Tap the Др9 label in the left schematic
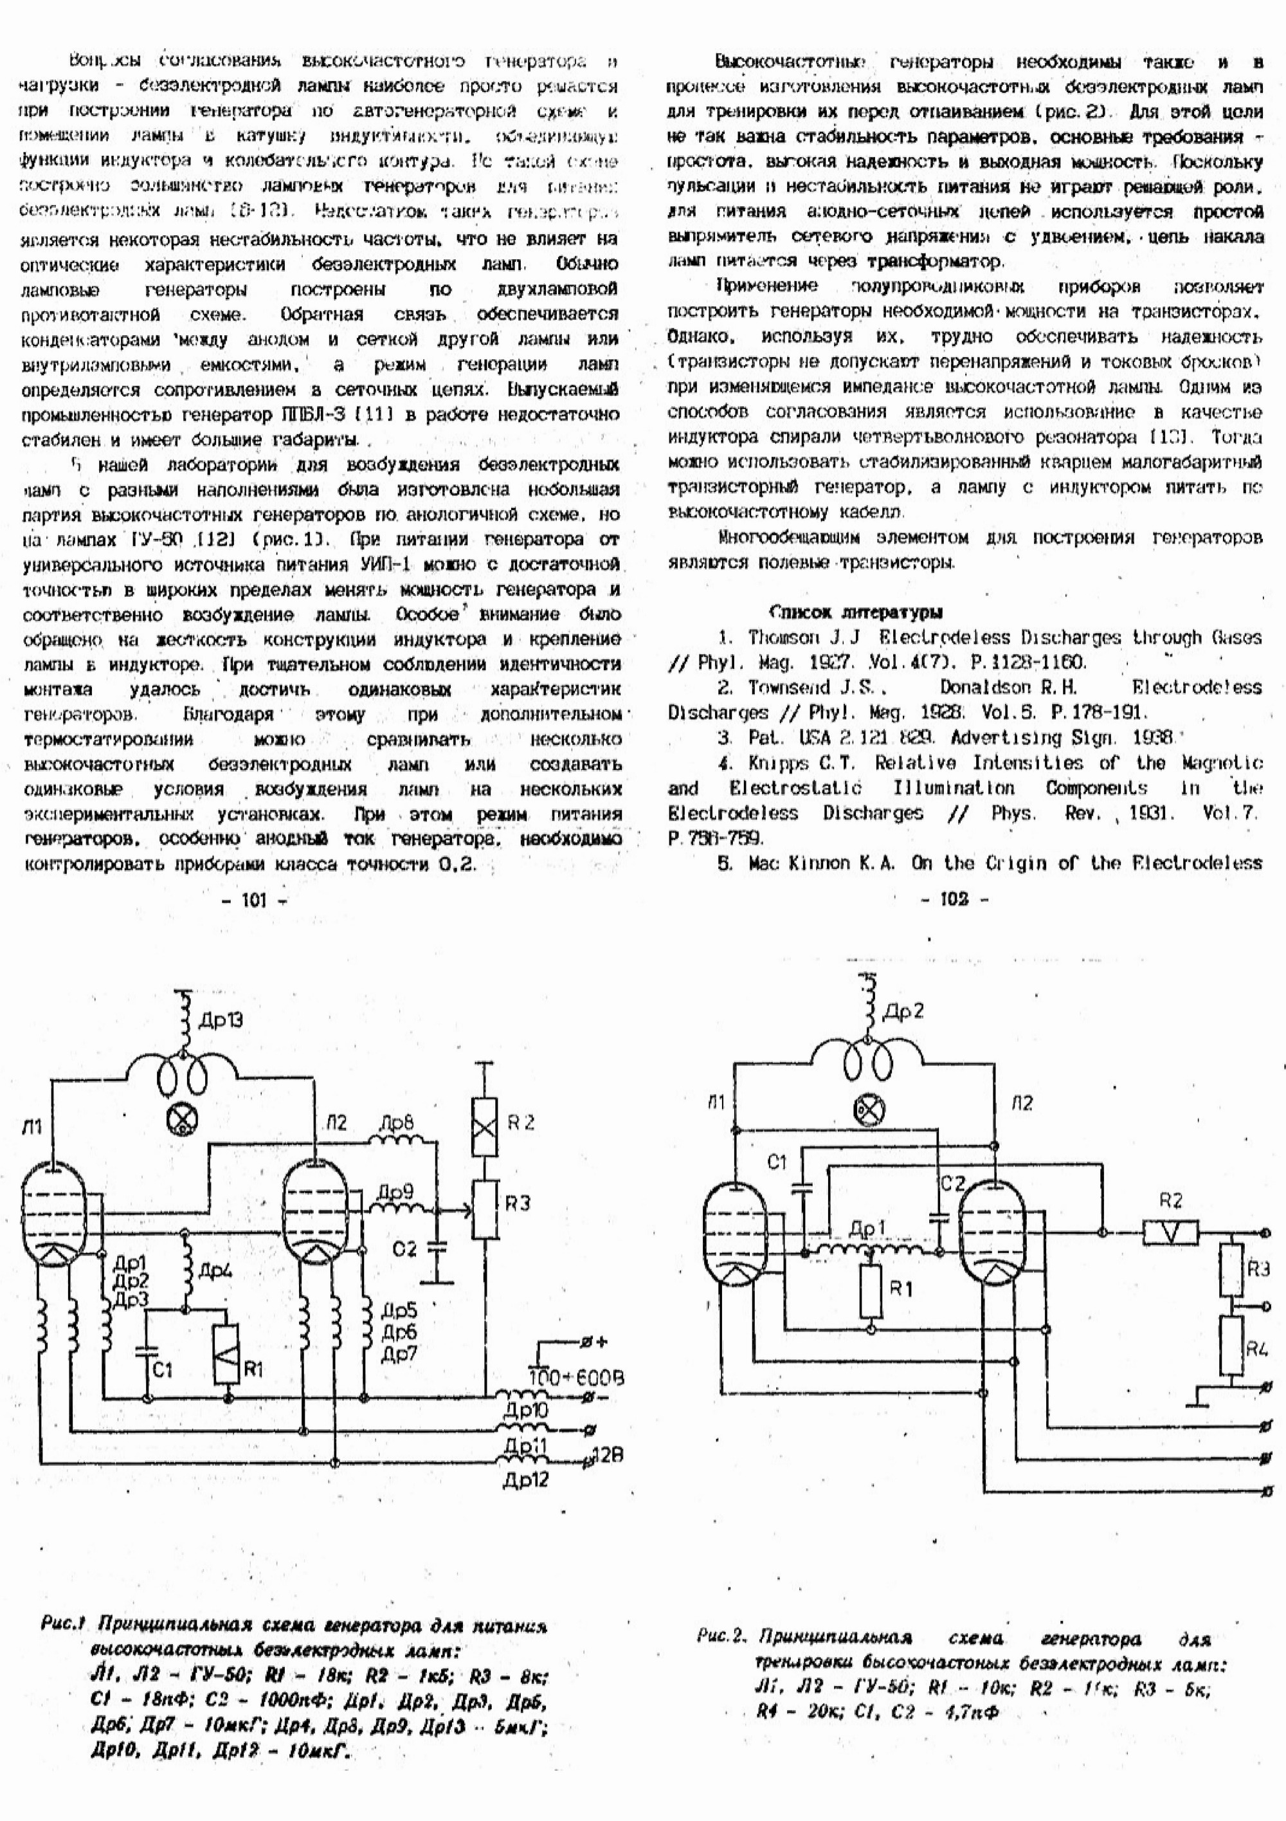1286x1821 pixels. (x=395, y=1192)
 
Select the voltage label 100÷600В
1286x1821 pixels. (x=575, y=1378)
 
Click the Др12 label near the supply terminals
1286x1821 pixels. (x=525, y=1480)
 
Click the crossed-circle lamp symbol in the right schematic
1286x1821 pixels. (x=868, y=1110)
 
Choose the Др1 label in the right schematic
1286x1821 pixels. (x=867, y=1229)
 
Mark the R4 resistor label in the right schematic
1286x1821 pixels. (x=1256, y=1348)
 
